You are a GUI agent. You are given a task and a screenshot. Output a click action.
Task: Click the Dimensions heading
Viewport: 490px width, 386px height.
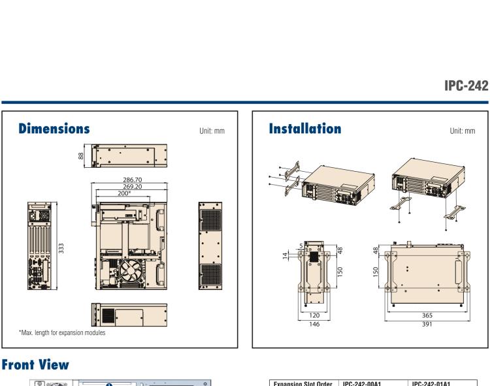coord(54,129)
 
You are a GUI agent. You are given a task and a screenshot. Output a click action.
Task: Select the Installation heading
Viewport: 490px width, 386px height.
coord(305,129)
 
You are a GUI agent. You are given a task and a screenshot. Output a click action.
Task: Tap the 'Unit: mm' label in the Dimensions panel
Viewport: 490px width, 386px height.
coord(212,131)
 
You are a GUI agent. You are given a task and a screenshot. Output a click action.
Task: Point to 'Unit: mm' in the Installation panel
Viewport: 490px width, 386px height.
coord(463,131)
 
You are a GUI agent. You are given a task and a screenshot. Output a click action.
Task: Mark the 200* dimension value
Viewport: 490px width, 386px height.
coord(124,193)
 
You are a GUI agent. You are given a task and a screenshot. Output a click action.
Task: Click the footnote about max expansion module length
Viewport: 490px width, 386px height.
coord(62,333)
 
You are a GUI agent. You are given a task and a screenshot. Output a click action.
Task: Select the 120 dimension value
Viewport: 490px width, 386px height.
coord(314,315)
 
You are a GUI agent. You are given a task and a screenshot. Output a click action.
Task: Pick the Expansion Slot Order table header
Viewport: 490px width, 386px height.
coord(300,383)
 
